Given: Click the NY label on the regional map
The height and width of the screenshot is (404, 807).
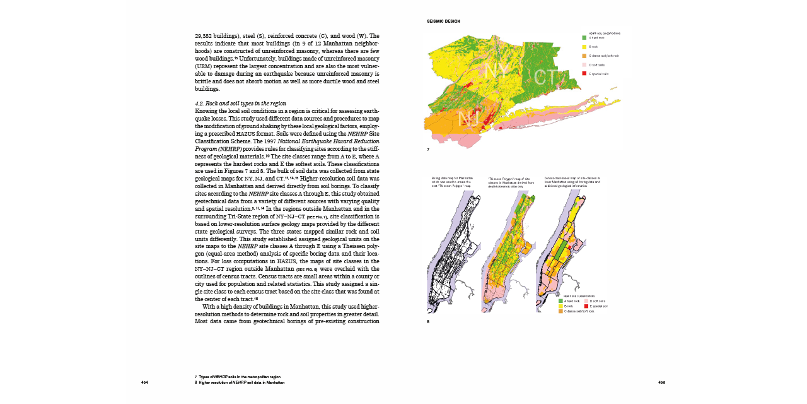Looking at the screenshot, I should pyautogui.click(x=498, y=71).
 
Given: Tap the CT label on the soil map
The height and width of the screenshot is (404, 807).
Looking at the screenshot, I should pyautogui.click(x=545, y=77).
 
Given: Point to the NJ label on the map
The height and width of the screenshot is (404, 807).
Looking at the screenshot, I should pyautogui.click(x=469, y=119).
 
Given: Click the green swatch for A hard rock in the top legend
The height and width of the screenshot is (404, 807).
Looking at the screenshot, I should pyautogui.click(x=584, y=38).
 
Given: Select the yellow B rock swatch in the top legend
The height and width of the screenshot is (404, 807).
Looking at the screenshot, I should pyautogui.click(x=584, y=47).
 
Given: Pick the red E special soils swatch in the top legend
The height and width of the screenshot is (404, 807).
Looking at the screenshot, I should pyautogui.click(x=584, y=74).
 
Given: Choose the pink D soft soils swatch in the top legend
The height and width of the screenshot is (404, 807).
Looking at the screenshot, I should pyautogui.click(x=584, y=65).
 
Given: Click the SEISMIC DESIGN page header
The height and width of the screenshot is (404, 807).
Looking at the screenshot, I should pyautogui.click(x=443, y=21).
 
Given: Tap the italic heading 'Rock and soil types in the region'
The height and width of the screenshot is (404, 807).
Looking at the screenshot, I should pyautogui.click(x=240, y=103).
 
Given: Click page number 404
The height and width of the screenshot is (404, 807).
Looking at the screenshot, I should pyautogui.click(x=144, y=383).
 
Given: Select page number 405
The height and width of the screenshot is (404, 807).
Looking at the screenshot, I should pyautogui.click(x=661, y=383).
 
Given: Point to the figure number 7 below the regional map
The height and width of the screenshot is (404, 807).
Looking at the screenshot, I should pyautogui.click(x=428, y=150).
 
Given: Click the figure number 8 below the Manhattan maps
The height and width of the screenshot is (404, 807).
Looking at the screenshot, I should pyautogui.click(x=428, y=321).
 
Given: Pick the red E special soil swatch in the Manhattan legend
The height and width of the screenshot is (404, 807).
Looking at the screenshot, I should pyautogui.click(x=586, y=306).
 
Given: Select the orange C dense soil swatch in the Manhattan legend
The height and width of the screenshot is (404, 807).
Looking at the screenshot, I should pyautogui.click(x=560, y=311).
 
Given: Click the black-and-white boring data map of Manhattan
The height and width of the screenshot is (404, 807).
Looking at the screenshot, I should pyautogui.click(x=452, y=252).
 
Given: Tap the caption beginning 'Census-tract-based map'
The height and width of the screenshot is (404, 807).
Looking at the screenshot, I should pyautogui.click(x=572, y=182).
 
